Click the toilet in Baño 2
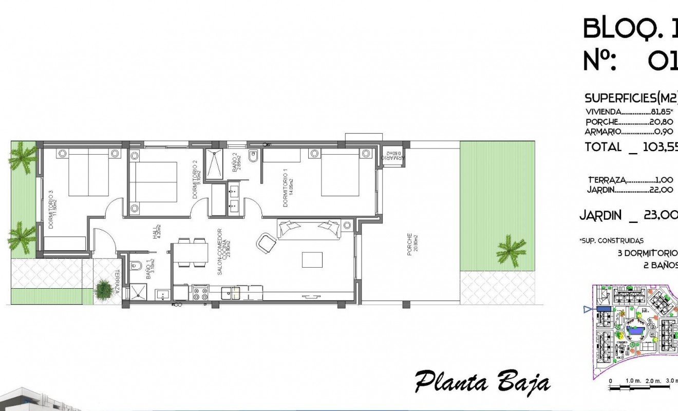[x=252, y=155]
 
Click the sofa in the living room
[x=308, y=229]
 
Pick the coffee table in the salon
[x=312, y=259]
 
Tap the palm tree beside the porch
[x=511, y=250]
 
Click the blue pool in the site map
[x=637, y=332]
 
